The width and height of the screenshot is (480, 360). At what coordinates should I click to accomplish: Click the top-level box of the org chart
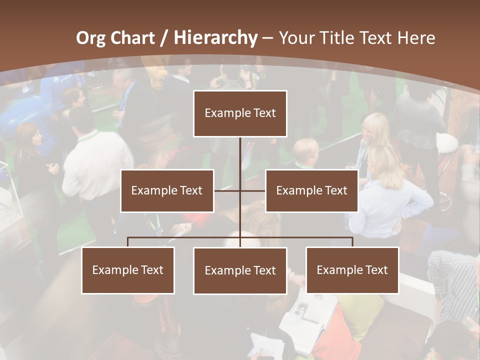point(240,113)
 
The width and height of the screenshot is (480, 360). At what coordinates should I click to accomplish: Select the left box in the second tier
point(167,190)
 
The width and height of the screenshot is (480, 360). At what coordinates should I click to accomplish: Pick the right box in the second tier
point(311,190)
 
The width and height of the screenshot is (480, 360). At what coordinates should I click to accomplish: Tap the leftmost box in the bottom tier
point(128,270)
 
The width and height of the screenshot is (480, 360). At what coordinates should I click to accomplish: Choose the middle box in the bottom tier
point(240,270)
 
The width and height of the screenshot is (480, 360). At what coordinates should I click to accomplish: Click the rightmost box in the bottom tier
point(352,270)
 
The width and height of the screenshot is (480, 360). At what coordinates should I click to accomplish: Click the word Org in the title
point(90,38)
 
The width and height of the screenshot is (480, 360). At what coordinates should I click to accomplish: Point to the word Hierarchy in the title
point(215,38)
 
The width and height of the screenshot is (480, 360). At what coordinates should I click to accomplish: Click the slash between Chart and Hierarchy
point(164,38)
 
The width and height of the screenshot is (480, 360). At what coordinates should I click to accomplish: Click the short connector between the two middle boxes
point(227,190)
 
